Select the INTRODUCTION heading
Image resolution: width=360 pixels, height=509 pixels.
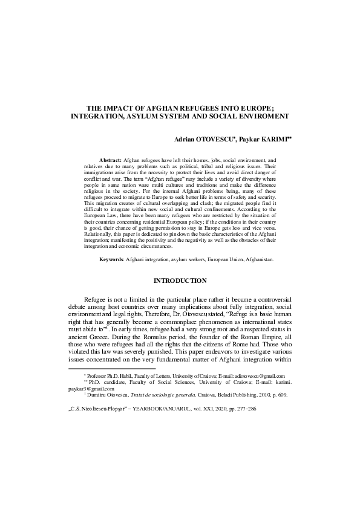click(x=180, y=280)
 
